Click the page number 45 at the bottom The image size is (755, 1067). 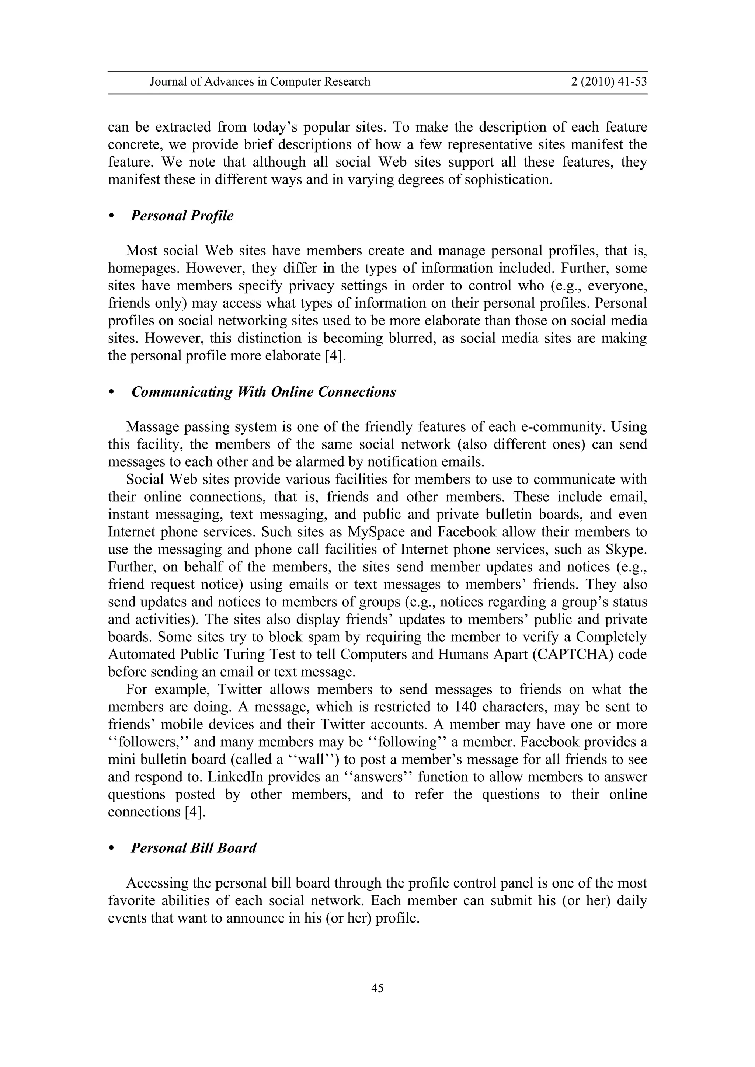click(377, 988)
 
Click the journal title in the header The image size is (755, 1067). click(260, 82)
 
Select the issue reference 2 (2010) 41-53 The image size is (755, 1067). click(609, 82)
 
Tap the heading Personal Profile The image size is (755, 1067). click(182, 216)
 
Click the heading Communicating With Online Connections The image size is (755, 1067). click(264, 392)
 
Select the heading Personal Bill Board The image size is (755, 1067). click(194, 848)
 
